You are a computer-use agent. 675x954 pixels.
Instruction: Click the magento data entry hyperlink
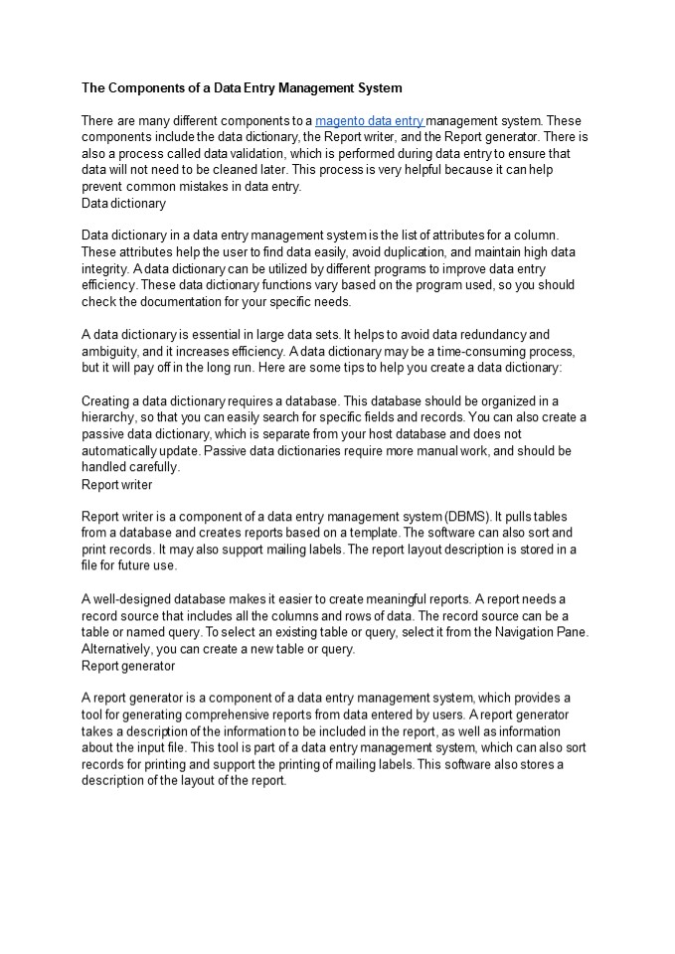tap(370, 120)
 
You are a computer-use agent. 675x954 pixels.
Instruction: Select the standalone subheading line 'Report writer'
tap(116, 485)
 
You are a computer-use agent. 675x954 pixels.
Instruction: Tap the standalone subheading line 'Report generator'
tap(128, 666)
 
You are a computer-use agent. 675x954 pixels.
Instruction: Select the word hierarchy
tap(110, 419)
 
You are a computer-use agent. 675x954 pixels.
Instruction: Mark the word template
tap(396, 533)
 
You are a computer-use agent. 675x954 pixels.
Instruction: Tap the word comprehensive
tap(249, 715)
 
